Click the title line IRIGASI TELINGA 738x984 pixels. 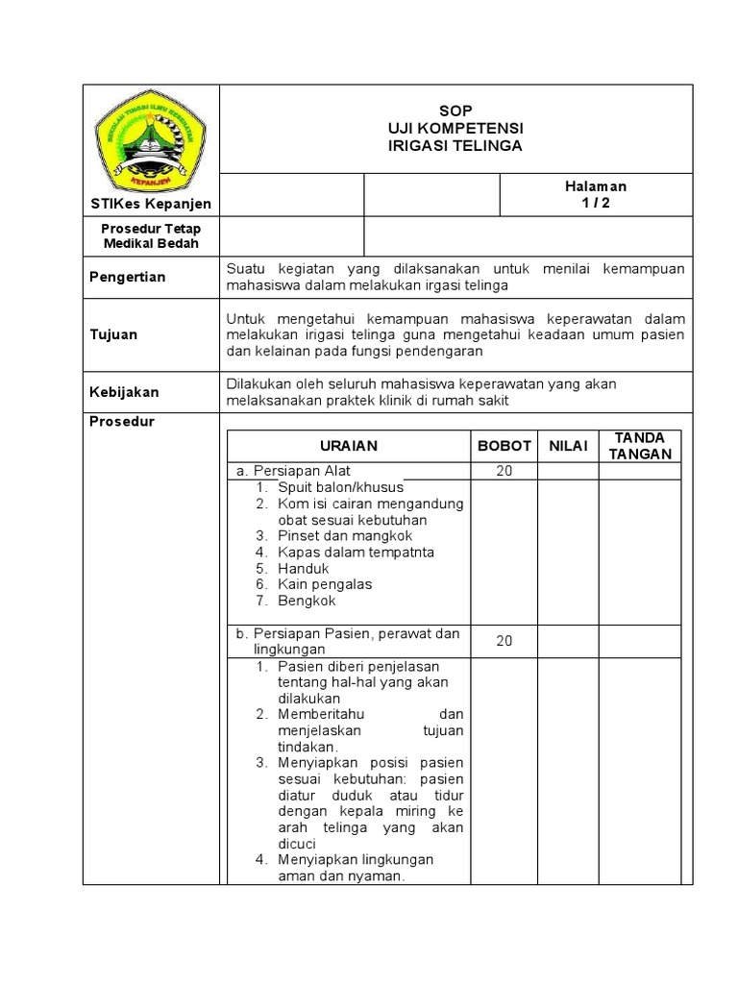coord(455,145)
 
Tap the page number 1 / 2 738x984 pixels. coord(595,202)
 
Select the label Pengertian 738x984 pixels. coord(128,277)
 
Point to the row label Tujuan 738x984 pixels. coord(113,334)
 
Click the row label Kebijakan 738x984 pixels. coord(124,392)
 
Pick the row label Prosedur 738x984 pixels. coord(122,421)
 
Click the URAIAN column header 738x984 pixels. coord(349,446)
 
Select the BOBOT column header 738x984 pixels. coord(504,446)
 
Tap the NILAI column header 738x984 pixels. coord(568,446)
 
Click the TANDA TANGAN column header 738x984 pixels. coord(640,446)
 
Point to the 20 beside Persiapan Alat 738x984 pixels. coord(504,471)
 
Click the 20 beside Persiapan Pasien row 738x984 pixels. coord(504,641)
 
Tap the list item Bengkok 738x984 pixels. coord(307,601)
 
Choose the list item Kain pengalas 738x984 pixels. coord(325,584)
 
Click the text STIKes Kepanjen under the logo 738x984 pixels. coord(150,204)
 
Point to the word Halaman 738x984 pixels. coord(595,186)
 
